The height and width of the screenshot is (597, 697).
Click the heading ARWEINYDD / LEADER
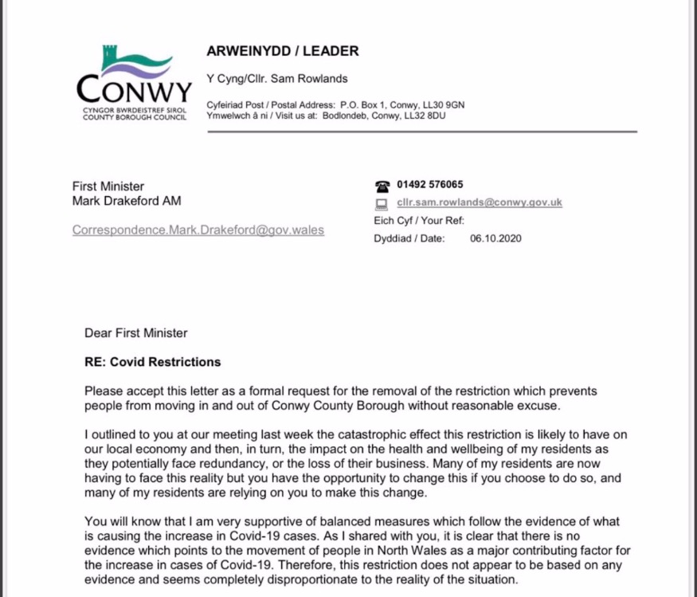point(282,51)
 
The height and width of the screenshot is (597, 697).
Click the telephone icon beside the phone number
point(382,185)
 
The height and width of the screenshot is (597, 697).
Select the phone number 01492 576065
point(430,184)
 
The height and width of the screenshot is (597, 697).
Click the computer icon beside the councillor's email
point(382,203)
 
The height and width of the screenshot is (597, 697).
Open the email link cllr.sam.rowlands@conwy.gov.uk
point(479,202)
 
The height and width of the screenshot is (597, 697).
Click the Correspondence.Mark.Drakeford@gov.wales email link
point(198,230)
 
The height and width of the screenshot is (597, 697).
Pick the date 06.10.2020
point(495,238)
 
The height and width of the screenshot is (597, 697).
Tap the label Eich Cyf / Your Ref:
point(418,221)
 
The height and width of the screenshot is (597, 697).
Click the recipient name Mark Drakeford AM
point(127,201)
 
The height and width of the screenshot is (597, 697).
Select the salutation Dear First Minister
point(136,332)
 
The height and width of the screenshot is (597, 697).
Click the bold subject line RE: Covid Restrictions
point(153,362)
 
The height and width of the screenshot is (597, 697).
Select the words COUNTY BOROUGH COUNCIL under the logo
point(135,117)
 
